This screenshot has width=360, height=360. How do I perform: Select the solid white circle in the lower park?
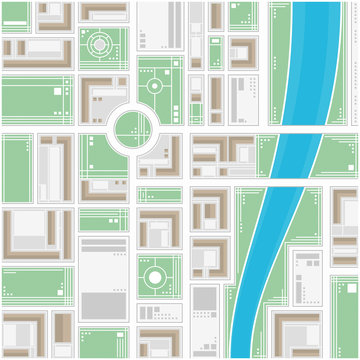(x=155, y=274)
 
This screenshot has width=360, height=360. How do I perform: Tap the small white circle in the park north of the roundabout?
(x=155, y=85)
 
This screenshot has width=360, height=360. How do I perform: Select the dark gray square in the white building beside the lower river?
(x=204, y=298)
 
